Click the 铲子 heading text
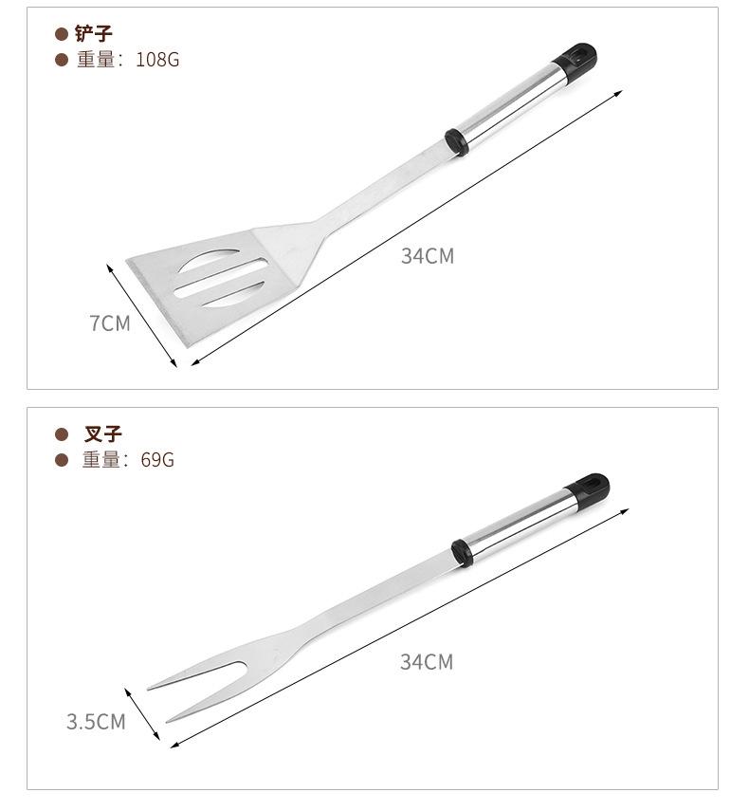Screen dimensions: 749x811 pos(94,33)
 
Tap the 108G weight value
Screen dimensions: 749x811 pos(157,60)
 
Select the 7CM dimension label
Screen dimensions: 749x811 pos(110,323)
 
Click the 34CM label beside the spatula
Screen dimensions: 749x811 pos(428,256)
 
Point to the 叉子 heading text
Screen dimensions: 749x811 pos(102,433)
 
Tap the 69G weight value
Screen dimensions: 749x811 pos(157,460)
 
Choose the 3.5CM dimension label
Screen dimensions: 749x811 pos(96,722)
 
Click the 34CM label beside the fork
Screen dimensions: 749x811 pos(427,662)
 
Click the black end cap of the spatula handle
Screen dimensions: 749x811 pos(576,62)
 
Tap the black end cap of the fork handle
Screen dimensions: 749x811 pos(589,491)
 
